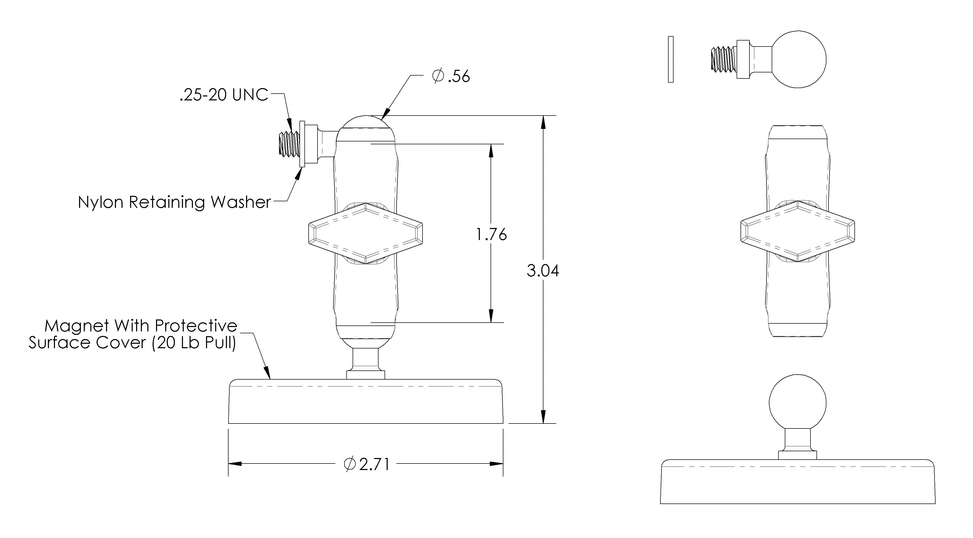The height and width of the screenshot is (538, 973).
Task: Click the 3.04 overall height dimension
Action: pyautogui.click(x=543, y=271)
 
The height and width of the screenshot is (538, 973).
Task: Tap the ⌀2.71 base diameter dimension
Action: pyautogui.click(x=366, y=464)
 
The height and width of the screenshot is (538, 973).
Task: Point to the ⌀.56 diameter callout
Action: pyautogui.click(x=451, y=76)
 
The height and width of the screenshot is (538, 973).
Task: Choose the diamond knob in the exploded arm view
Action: pyautogui.click(x=798, y=231)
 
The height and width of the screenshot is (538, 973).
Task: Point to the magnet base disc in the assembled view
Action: pyautogui.click(x=366, y=402)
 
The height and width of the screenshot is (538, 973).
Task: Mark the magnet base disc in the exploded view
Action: pyautogui.click(x=798, y=482)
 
